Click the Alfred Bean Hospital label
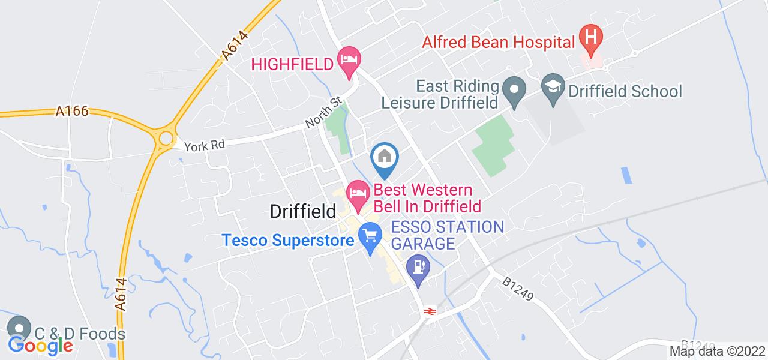point(499,42)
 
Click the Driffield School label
point(625,92)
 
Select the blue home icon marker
point(385,157)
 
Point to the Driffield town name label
point(302,211)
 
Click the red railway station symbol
point(429,310)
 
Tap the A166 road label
point(72,111)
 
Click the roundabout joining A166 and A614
point(164,139)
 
